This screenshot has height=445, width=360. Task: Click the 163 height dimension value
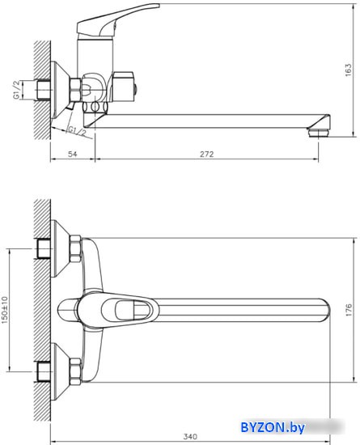(348, 70)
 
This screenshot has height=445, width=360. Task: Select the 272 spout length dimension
(207, 154)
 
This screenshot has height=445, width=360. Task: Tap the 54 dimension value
(73, 154)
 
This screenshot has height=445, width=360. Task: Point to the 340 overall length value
(190, 436)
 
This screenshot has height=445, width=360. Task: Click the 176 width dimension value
(349, 310)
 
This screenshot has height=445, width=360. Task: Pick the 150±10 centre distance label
(5, 310)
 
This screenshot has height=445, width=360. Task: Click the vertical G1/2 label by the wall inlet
(17, 90)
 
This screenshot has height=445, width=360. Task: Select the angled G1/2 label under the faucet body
(77, 131)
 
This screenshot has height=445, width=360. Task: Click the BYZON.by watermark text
(273, 427)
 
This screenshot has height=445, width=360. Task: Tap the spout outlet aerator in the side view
(318, 133)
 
